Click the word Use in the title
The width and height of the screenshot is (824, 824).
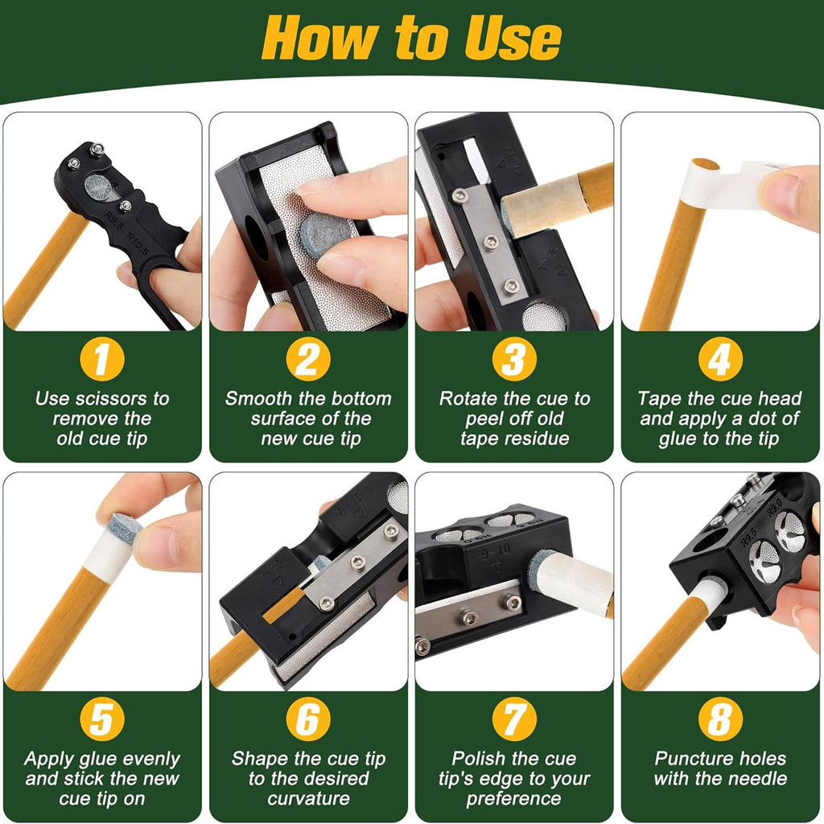point(513,38)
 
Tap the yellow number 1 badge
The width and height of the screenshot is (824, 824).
point(102,359)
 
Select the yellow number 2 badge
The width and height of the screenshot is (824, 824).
point(308,359)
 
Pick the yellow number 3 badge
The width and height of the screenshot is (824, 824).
point(514,359)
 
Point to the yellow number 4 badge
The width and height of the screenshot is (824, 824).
point(720,359)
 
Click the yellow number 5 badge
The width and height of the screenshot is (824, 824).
point(102,719)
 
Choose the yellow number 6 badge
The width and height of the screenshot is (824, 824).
point(308,719)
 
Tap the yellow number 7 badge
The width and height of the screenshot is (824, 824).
point(514,719)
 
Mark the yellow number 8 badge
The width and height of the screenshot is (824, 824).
point(720,719)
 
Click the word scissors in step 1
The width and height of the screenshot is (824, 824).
point(109,399)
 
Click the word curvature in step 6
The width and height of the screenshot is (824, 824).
point(308,799)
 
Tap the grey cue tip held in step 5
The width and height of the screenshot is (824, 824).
point(125,528)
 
